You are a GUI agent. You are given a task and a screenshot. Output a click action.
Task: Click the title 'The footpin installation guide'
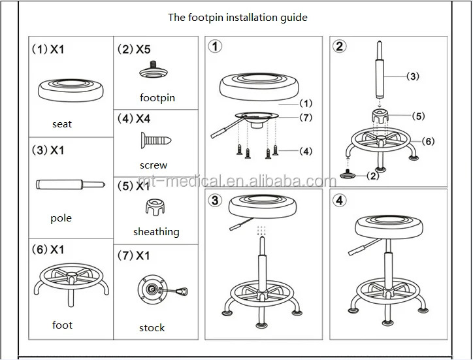pos(237,18)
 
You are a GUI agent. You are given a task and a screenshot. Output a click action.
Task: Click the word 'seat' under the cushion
pos(62,124)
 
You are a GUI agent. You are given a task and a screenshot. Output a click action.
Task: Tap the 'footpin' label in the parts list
pos(157,98)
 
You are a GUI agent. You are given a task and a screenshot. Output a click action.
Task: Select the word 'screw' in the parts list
pos(154,165)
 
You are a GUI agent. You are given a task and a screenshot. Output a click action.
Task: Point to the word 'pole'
pos(61,218)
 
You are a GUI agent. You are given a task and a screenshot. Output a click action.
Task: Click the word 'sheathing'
pos(156,232)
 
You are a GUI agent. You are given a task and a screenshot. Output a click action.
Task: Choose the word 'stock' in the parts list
pos(152,327)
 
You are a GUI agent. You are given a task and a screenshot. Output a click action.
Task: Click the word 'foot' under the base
pos(62,325)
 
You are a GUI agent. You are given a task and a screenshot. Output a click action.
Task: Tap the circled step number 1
pos(216,47)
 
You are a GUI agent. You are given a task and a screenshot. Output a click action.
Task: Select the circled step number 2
pos(340,47)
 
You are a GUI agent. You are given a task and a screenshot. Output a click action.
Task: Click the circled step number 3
pos(216,199)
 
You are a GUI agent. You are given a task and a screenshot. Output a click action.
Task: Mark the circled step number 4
pos(340,199)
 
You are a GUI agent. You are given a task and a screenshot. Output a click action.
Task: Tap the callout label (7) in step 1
pos(306,118)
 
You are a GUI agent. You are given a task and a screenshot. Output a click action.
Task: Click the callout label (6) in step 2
pos(429,141)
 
